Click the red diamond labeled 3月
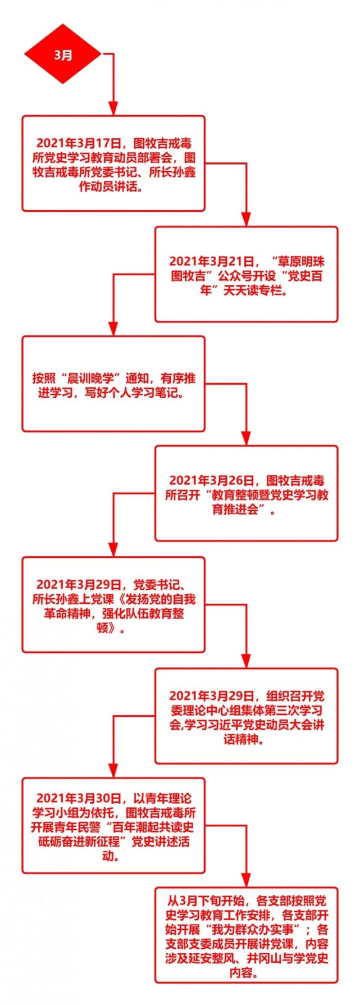(62, 54)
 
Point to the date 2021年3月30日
(79, 798)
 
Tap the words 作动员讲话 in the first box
(110, 187)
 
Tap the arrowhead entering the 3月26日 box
(246, 439)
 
